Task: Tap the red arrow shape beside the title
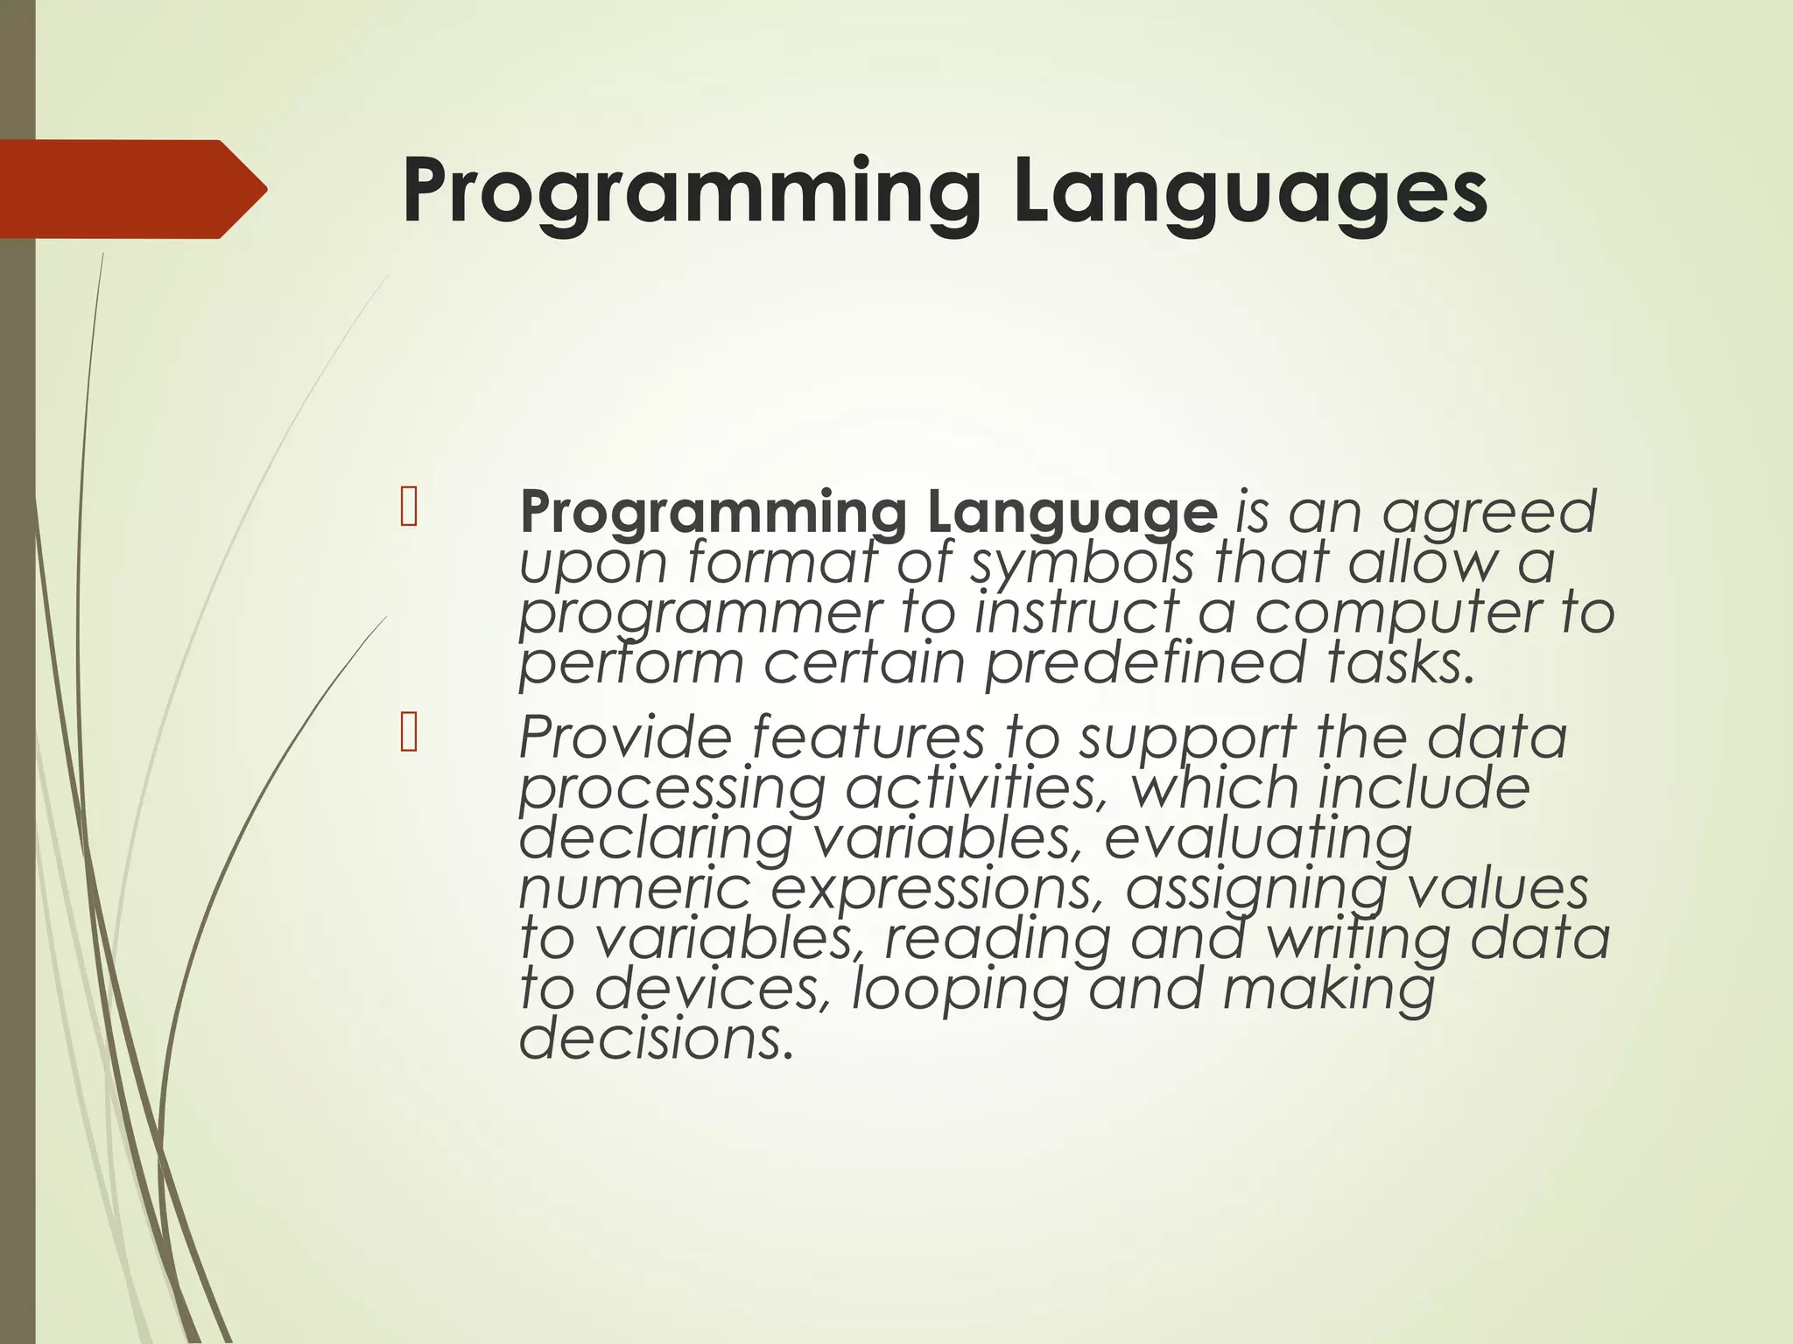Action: click(131, 189)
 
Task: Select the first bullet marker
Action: click(408, 509)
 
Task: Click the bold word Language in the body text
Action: click(1071, 514)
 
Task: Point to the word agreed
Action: click(1488, 514)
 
